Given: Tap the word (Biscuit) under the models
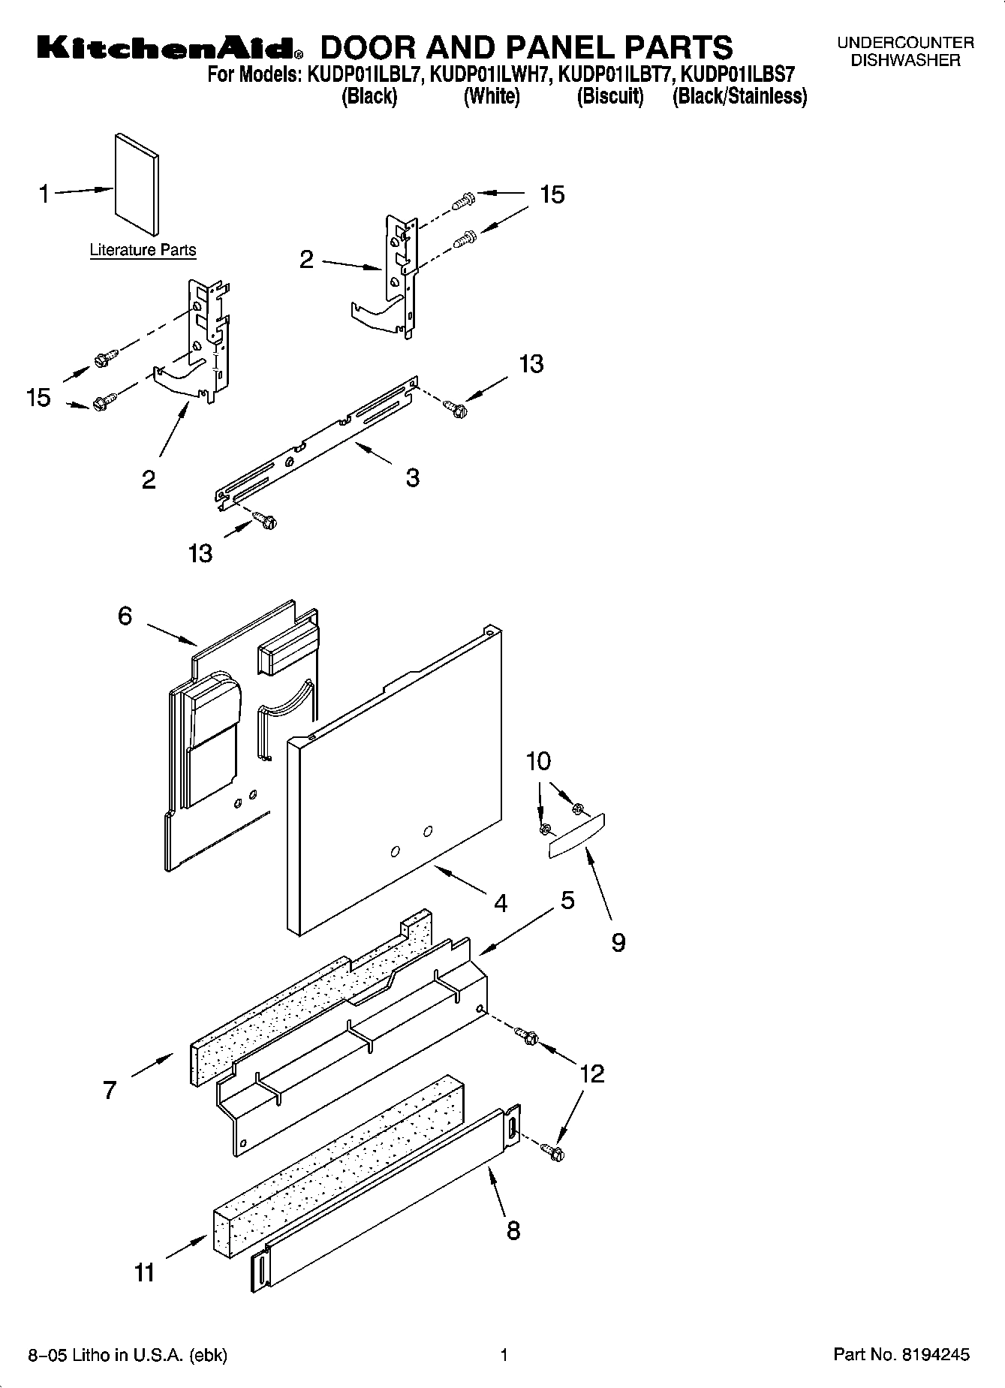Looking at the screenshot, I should pos(610,97).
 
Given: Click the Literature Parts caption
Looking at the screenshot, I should pos(143,250).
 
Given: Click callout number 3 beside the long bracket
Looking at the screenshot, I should pos(413,477).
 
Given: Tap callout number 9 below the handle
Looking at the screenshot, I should pos(618,942).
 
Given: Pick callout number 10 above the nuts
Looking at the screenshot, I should pos(538,761).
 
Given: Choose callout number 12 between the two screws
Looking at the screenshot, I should pos(592,1073).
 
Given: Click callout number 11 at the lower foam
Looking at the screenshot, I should pos(144,1272).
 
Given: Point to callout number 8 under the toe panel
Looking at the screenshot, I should pos(513,1230).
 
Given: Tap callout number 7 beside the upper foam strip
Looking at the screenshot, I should pos(110,1089).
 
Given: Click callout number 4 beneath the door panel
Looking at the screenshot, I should pos(501,902).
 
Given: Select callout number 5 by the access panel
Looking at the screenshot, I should pos(567,899).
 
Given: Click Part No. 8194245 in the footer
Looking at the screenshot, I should pos(901,1354).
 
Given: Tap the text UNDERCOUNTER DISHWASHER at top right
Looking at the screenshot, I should pos(905,52).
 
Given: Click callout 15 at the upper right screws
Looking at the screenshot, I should pos(552,194).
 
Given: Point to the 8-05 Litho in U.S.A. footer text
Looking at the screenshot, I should pos(128,1355).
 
